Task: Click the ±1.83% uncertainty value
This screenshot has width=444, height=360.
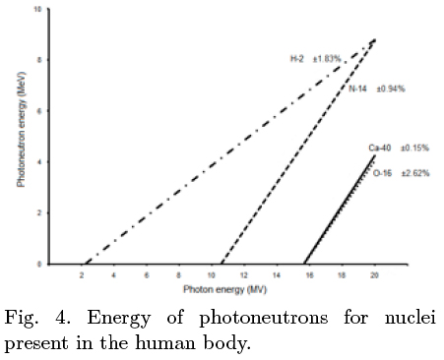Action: (x=328, y=59)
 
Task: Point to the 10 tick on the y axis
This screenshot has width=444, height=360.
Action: (x=37, y=9)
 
